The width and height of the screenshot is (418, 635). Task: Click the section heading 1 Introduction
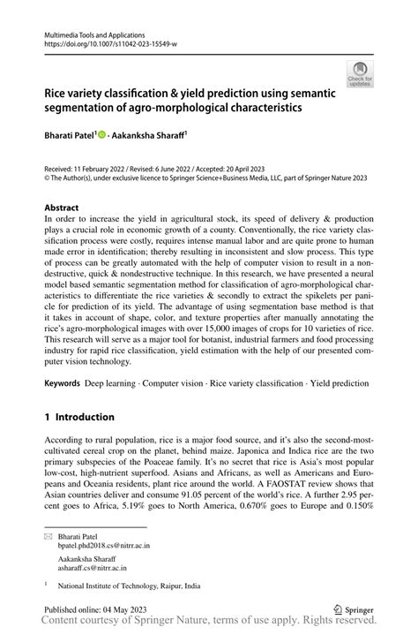(x=79, y=417)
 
